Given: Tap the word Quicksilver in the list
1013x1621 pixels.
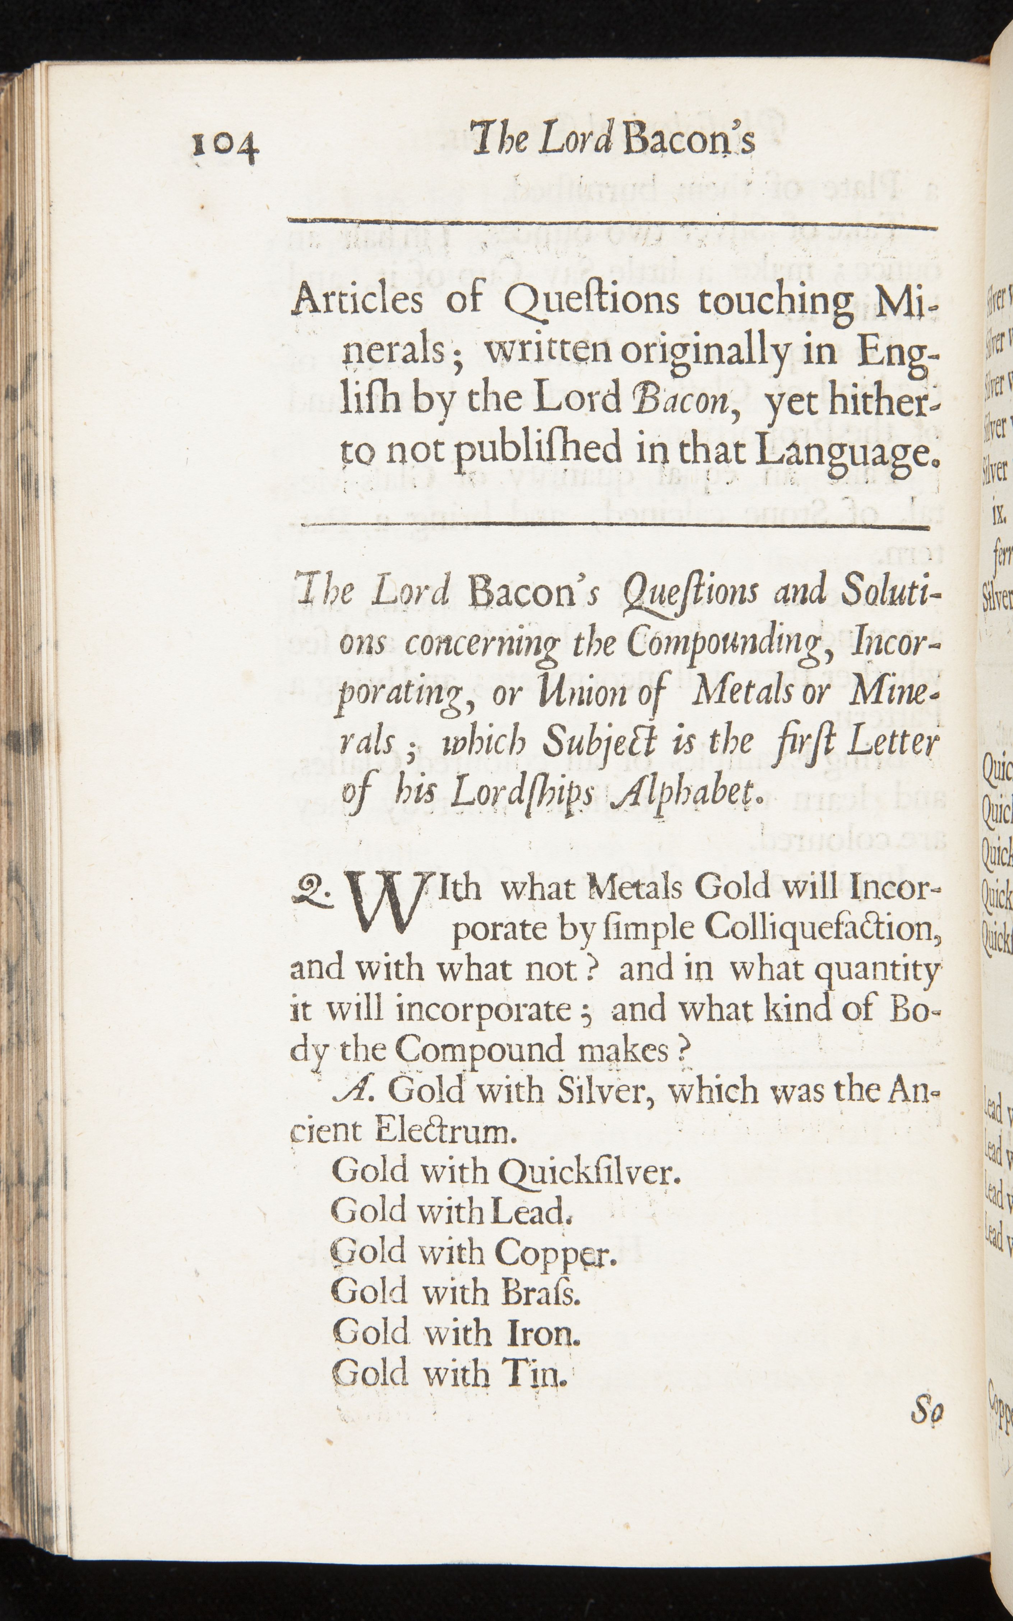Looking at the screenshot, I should [589, 1172].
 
